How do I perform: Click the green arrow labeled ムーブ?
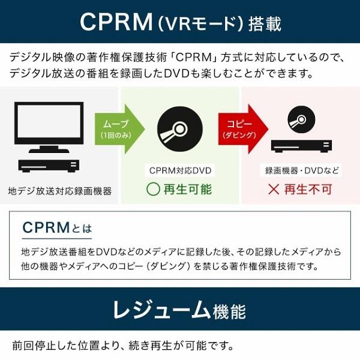(x=119, y=129)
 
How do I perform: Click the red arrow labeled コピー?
(x=242, y=129)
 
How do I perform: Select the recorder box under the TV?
(x=49, y=166)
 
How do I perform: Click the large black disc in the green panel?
(x=180, y=129)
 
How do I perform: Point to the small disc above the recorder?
(x=301, y=119)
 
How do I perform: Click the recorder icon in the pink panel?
(x=301, y=146)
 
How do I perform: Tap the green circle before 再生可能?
(x=153, y=189)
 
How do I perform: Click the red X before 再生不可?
(x=274, y=190)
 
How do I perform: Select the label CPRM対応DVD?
(x=180, y=170)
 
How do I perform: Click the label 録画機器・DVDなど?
(x=301, y=170)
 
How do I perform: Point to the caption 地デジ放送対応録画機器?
(x=59, y=191)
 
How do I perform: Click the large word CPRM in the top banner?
(x=116, y=22)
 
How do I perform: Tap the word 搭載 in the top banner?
(x=265, y=24)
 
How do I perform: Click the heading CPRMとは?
(x=57, y=227)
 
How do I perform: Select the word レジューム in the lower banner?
(x=161, y=310)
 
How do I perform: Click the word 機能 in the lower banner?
(x=229, y=311)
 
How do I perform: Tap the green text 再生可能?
(x=188, y=190)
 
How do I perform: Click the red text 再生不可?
(x=308, y=190)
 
